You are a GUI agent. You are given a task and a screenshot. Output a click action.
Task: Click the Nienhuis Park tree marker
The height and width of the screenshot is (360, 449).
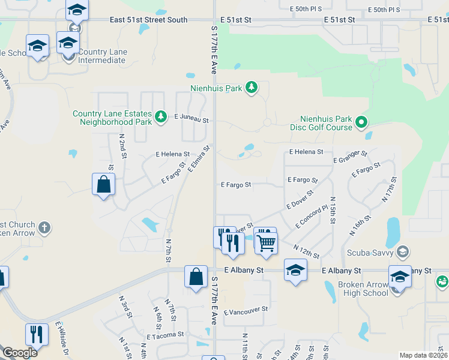coord(252,88)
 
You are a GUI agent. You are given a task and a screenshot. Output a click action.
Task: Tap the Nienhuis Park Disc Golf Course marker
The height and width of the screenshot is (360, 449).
coord(361,123)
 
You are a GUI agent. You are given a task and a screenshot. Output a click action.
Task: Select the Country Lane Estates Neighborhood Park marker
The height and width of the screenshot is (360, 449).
coord(160,116)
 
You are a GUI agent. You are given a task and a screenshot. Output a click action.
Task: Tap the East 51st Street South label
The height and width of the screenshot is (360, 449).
coord(149,20)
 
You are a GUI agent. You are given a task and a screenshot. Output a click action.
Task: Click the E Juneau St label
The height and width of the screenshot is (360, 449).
coord(191,119)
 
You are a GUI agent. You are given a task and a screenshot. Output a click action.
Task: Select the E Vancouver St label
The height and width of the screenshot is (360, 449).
coord(245,312)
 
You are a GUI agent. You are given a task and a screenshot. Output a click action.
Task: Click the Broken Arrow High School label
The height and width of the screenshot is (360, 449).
coord(363,289)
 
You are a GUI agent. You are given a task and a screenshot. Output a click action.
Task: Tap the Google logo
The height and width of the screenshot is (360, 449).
coord(20,353)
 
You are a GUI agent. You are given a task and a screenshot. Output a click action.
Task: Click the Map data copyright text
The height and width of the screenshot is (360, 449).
coord(424,355)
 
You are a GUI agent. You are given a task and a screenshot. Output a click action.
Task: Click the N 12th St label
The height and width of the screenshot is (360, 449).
coord(306,251)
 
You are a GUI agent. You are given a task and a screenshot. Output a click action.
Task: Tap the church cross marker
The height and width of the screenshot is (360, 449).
coord(44,228)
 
